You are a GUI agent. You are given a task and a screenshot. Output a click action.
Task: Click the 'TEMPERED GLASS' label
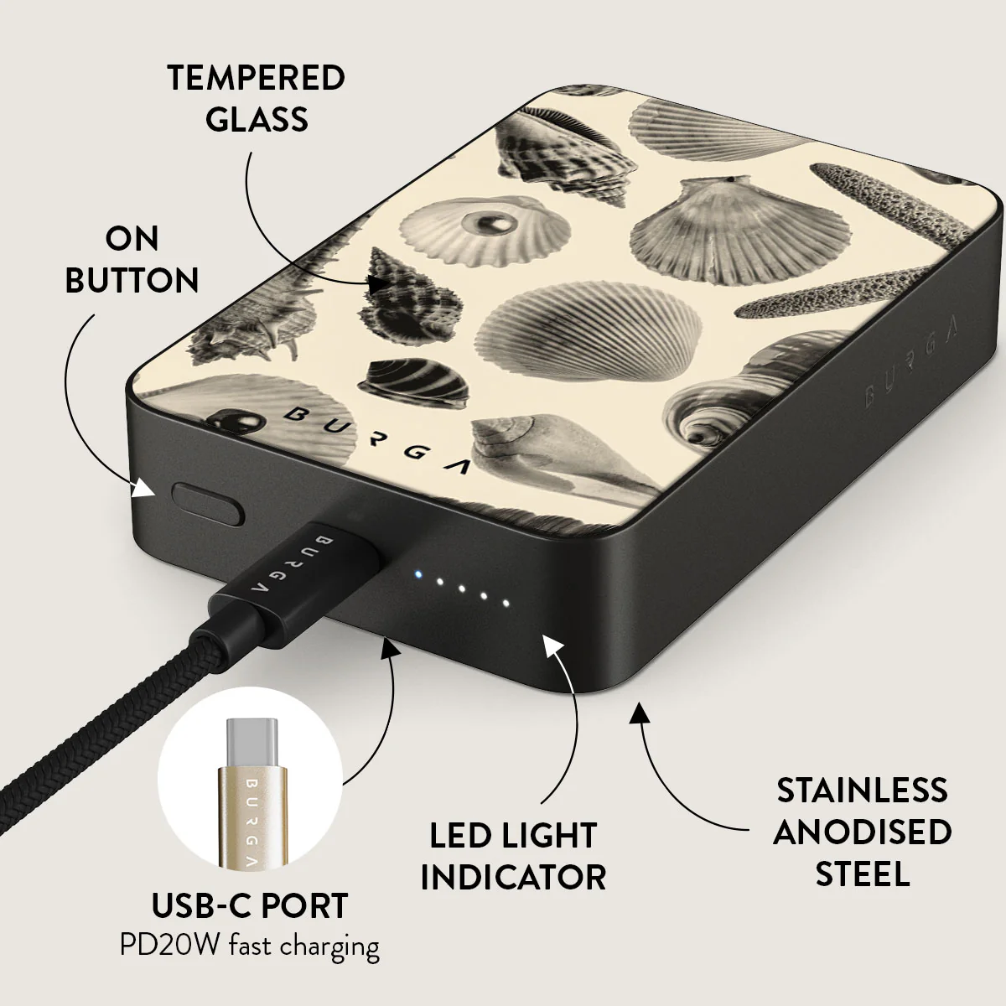(x=257, y=98)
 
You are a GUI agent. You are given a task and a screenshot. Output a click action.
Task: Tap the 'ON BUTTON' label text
(x=132, y=260)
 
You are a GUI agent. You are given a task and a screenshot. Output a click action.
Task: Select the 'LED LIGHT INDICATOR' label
(x=513, y=856)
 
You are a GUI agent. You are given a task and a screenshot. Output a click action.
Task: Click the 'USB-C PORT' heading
(x=250, y=905)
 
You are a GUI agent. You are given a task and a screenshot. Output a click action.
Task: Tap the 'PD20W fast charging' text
(x=250, y=946)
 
